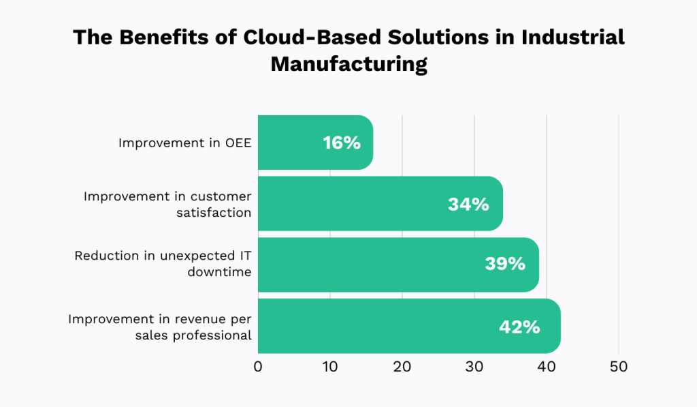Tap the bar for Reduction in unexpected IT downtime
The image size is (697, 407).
(x=368, y=265)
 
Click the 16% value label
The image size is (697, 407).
(x=342, y=143)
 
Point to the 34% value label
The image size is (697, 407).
(x=468, y=204)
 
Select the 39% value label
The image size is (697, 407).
(x=505, y=265)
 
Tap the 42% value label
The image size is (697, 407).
(x=519, y=327)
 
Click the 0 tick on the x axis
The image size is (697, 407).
(x=258, y=366)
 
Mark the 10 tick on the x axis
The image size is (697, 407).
(x=330, y=366)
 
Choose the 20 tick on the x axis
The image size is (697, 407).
(x=402, y=366)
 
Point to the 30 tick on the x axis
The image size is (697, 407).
(x=474, y=366)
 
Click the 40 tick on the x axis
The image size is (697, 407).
(x=547, y=366)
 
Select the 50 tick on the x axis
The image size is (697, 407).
(x=619, y=366)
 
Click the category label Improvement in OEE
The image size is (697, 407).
(x=184, y=143)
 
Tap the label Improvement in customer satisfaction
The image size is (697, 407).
(x=167, y=204)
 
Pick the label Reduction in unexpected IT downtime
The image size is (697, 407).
(x=163, y=265)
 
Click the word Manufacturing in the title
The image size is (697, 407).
(x=349, y=64)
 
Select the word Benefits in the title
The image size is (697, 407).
(x=158, y=37)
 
